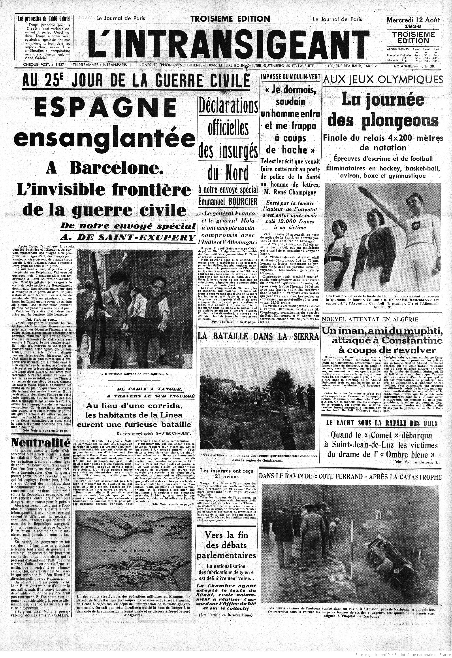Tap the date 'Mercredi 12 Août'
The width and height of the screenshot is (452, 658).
point(413,20)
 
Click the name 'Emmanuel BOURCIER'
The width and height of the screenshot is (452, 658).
point(228,202)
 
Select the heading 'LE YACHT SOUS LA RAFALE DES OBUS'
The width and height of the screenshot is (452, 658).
point(382,424)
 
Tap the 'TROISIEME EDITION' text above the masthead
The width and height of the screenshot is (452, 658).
point(230,19)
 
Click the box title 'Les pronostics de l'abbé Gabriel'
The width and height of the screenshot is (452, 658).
point(44,19)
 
